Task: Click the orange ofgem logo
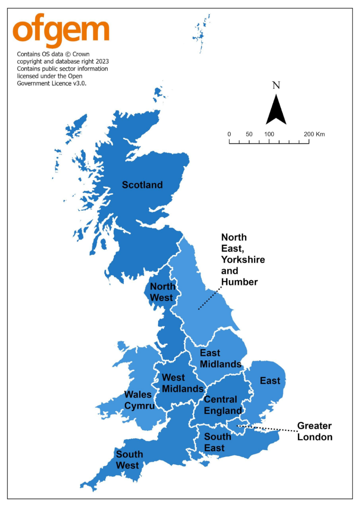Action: click(x=61, y=30)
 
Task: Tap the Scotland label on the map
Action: click(x=142, y=185)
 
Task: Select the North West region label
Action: click(x=162, y=292)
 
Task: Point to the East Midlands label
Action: click(x=220, y=358)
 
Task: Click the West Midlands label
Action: click(x=182, y=383)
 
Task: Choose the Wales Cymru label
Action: click(x=139, y=400)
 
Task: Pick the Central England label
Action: click(x=223, y=405)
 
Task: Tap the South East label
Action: click(x=217, y=442)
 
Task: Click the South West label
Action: click(x=129, y=460)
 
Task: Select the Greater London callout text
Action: click(x=314, y=431)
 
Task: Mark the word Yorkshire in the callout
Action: click(x=243, y=260)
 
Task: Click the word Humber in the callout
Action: click(x=239, y=282)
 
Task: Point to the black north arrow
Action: click(x=276, y=111)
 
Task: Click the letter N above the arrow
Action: click(x=276, y=85)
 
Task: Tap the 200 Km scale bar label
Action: click(x=314, y=134)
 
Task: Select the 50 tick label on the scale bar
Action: click(x=249, y=134)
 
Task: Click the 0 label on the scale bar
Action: click(x=229, y=134)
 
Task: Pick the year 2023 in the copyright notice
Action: click(x=102, y=61)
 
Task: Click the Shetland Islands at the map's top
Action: click(x=201, y=33)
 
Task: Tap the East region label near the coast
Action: click(x=270, y=381)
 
